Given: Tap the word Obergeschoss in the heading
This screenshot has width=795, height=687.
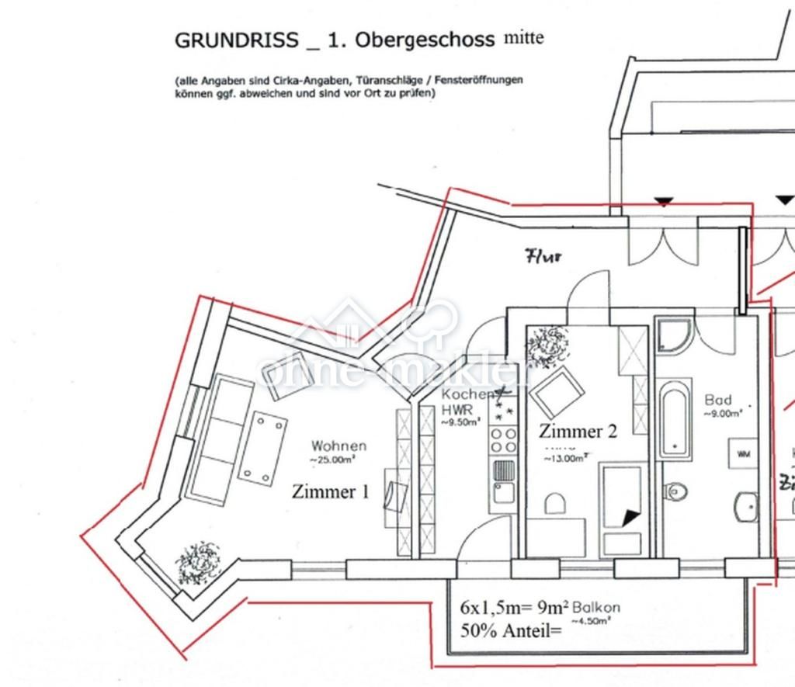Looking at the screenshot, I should pos(425,41).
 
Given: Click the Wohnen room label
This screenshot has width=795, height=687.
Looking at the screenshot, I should pos(338,446).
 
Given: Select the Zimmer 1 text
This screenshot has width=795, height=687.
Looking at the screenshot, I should pos(330,491).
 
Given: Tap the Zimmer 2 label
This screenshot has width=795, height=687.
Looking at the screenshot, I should pos(578,432).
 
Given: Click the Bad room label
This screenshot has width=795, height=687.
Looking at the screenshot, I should pos(718,400).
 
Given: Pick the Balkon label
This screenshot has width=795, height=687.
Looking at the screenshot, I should pos(595,608).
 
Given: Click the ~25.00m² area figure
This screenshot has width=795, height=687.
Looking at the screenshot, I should pos(333,460).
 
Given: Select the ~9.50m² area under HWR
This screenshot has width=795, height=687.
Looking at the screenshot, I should pos(461,423).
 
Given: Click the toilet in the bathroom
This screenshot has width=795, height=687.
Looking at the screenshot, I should pos(676,490).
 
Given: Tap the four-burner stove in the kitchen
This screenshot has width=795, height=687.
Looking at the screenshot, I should pos(503,440).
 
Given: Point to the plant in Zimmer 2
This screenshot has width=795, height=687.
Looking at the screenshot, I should pos(547,345).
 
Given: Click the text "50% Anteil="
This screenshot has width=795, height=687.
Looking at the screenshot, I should pos(510,631).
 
